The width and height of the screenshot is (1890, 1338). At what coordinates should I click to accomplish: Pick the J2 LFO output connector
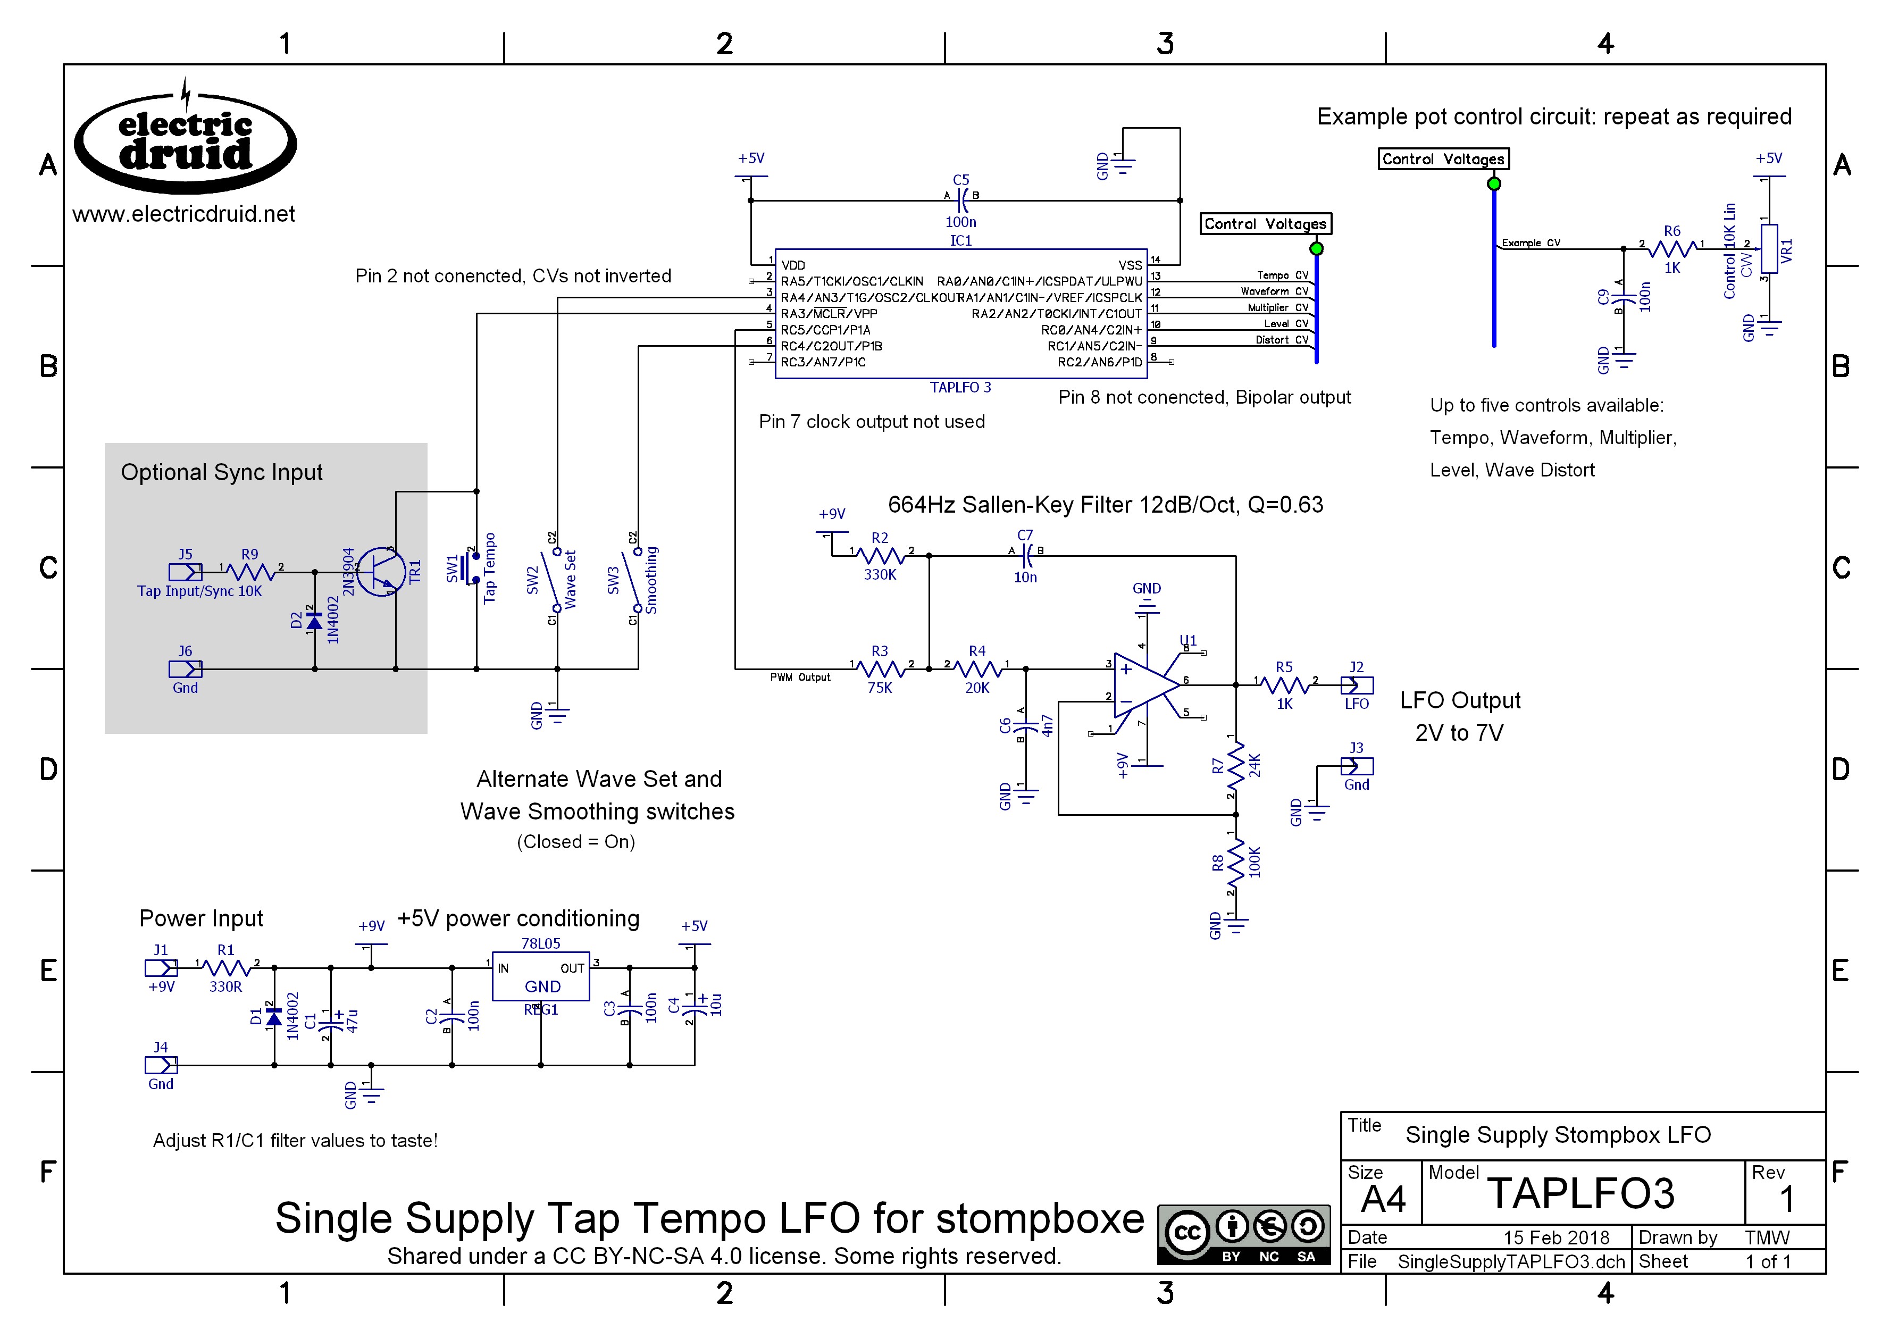coord(1356,684)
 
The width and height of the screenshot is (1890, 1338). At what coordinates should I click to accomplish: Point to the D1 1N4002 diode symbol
coord(274,1018)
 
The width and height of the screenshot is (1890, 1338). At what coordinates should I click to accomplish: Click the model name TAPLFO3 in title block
coord(1580,1193)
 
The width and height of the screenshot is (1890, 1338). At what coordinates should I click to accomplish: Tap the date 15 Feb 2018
coord(1556,1237)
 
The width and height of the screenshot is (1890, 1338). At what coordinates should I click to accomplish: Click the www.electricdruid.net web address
coord(183,214)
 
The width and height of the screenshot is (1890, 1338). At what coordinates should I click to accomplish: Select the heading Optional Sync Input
coord(222,472)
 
